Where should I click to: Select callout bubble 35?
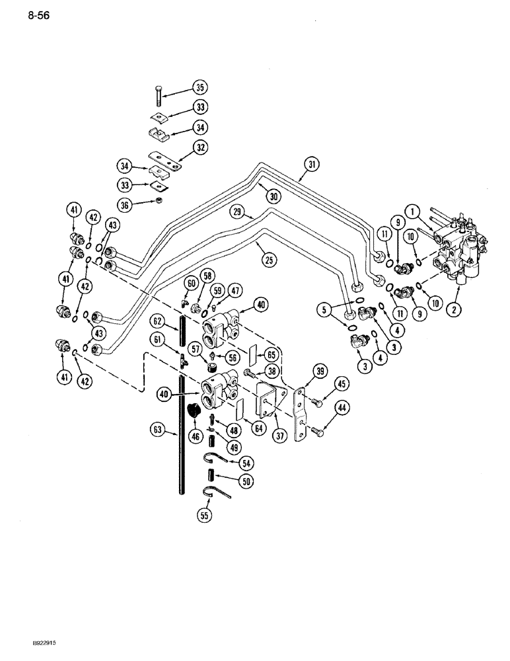click(200, 87)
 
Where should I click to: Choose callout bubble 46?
click(196, 436)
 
